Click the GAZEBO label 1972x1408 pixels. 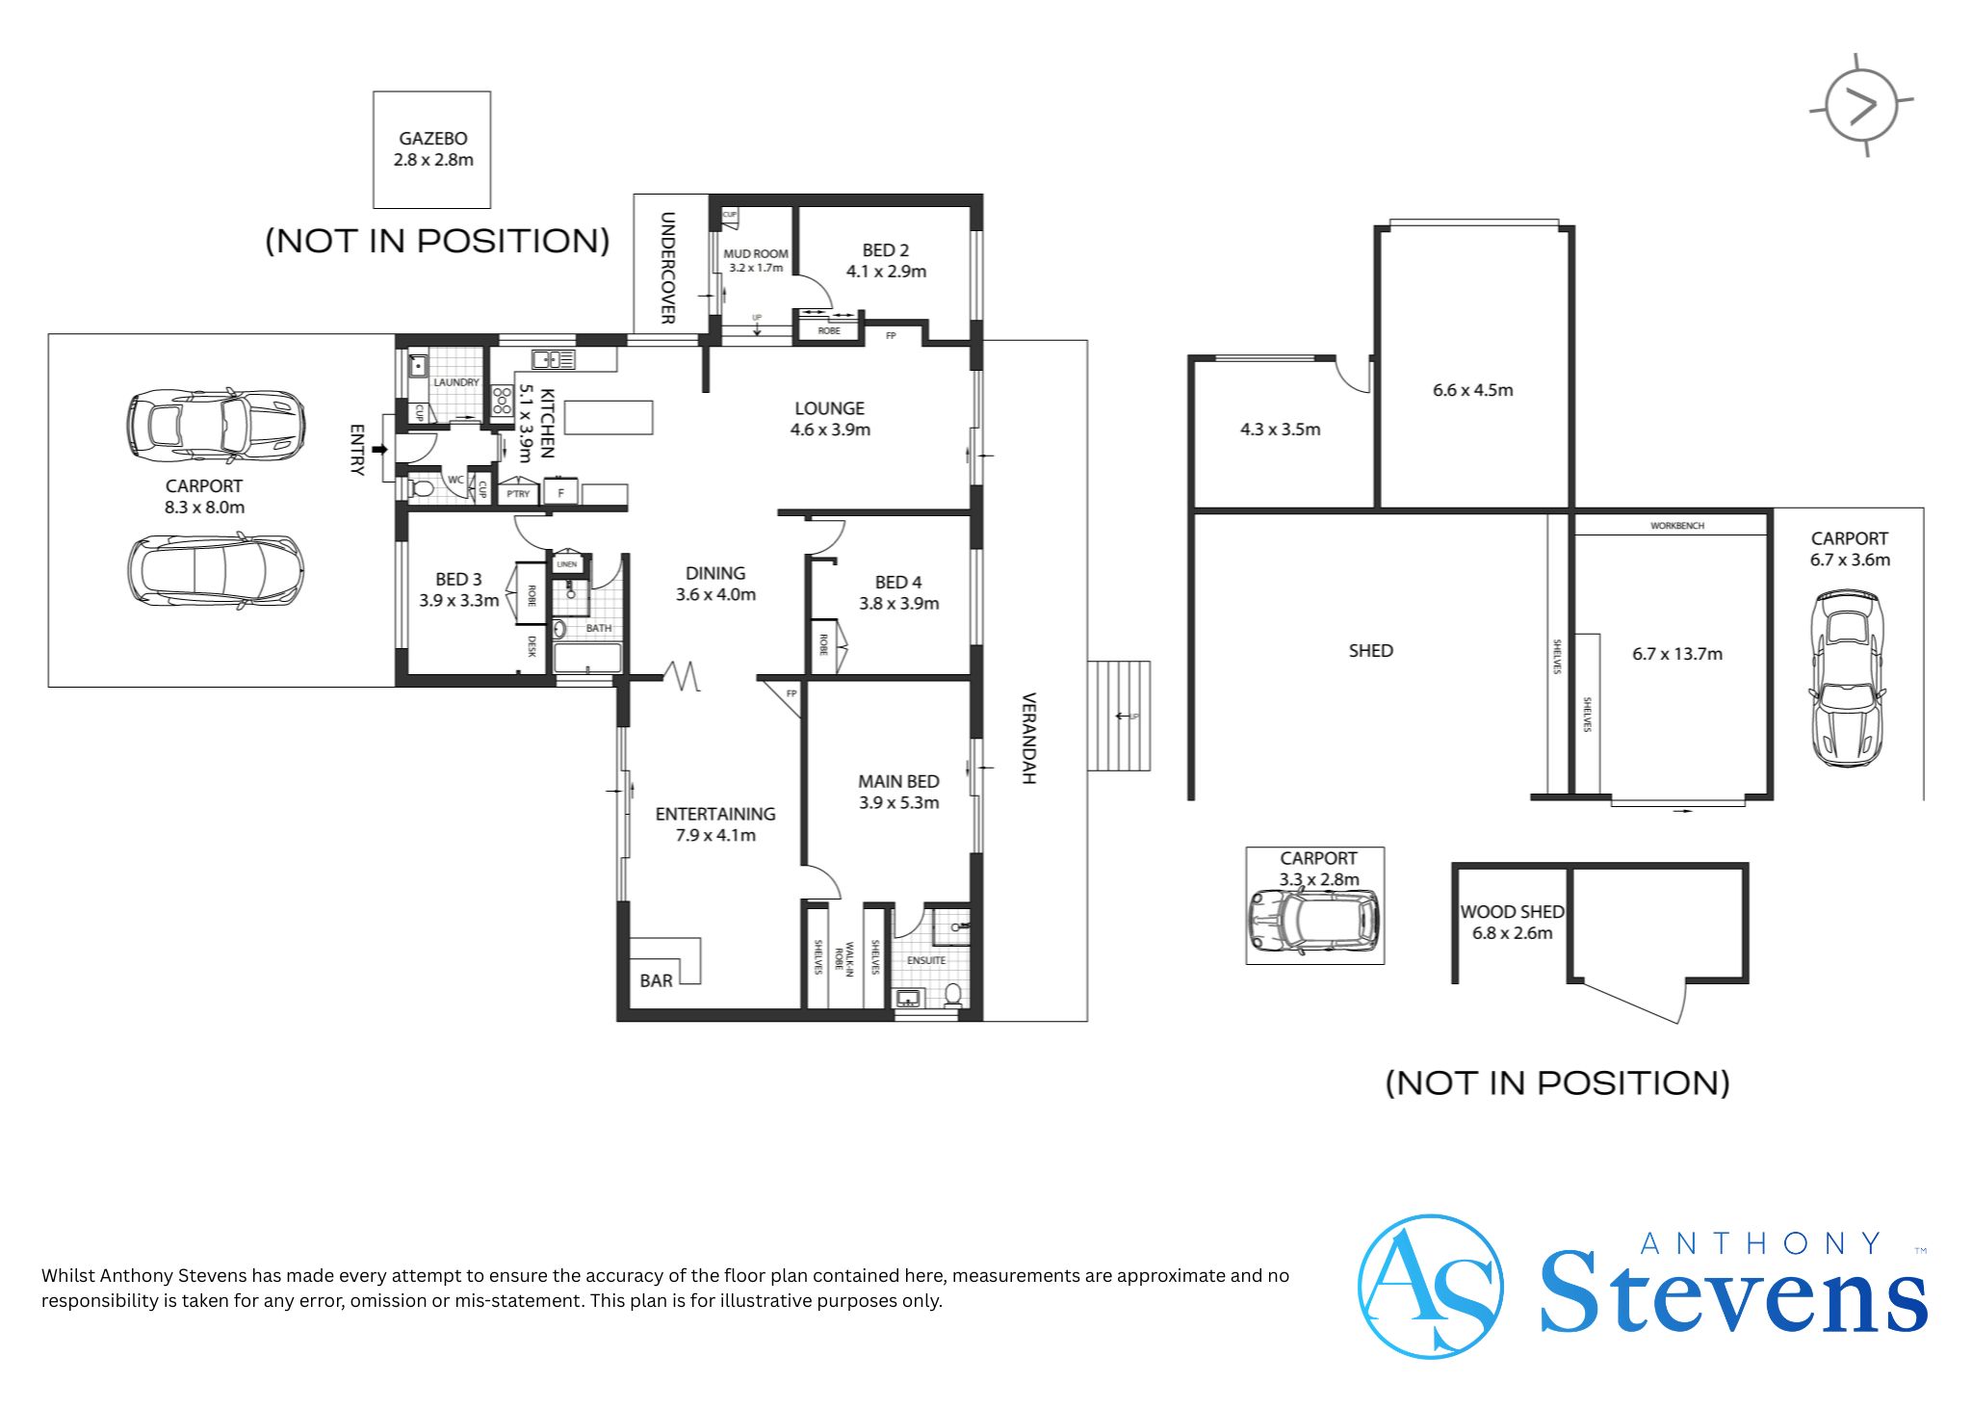pos(433,139)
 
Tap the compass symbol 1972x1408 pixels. pos(1861,106)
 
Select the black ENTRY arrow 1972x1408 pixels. pos(378,449)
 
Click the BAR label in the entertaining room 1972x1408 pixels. pos(657,980)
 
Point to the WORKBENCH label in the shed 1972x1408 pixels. pos(1677,526)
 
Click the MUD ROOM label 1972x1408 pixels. pos(756,254)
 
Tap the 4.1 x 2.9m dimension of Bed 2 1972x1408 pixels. pos(886,272)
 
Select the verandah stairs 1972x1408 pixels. pos(1119,716)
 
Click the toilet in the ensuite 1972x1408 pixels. pos(952,994)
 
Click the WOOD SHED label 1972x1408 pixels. pos(1512,911)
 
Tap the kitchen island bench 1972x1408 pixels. pos(609,417)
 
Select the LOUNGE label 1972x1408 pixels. pos(830,408)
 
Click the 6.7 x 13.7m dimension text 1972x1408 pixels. pos(1677,654)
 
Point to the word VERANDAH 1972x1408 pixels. pos(1028,739)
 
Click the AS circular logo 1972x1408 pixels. pos(1430,1286)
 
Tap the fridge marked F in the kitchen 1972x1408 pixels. pos(560,492)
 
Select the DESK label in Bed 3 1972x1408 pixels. pos(532,646)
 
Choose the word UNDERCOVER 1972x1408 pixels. pos(667,268)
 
